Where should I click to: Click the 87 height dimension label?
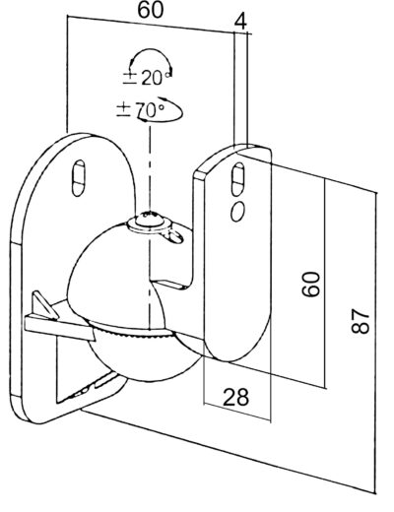(361, 321)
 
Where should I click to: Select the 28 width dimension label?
(235, 397)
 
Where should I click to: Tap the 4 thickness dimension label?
(240, 22)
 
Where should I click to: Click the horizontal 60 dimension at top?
(151, 10)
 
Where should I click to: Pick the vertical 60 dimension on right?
(310, 285)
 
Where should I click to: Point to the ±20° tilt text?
(147, 78)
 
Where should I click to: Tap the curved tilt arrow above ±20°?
(151, 54)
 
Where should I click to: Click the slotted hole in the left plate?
(79, 177)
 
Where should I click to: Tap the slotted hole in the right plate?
(238, 179)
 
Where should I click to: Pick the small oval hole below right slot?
(237, 212)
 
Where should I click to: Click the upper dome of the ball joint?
(115, 276)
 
